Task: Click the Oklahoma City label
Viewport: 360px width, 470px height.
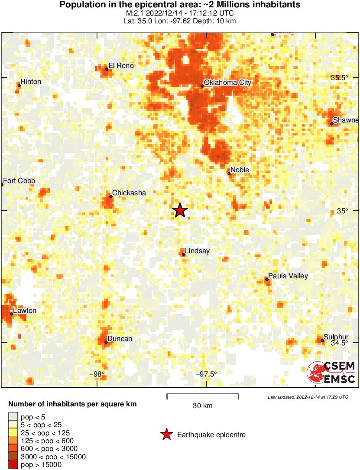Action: coord(227,83)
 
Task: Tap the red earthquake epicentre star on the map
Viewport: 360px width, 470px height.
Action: coord(180,210)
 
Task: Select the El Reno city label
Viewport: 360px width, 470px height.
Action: coord(121,66)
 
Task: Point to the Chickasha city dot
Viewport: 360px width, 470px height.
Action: coord(111,196)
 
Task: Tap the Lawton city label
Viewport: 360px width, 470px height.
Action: coord(25,311)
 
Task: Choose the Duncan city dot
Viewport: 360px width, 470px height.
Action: coord(106,342)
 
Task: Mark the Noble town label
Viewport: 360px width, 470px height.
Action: coord(240,170)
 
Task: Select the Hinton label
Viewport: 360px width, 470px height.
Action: coord(31,82)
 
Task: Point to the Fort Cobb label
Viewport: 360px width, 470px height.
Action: coord(19,181)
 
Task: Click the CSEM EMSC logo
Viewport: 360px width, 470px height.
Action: coord(331,373)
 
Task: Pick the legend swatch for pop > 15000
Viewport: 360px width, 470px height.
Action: coord(13,465)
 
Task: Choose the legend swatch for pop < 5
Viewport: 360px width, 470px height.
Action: coord(13,417)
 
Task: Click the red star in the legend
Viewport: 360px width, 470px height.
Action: coord(166,435)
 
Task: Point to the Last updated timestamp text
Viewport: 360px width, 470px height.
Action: coord(308,397)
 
